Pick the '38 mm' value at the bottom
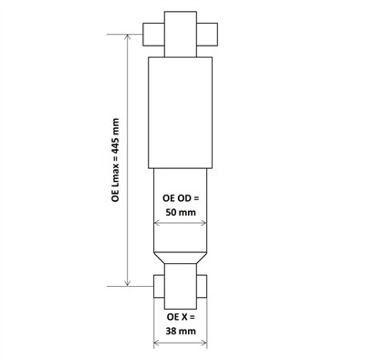point(181,333)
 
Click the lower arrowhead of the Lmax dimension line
point(128,283)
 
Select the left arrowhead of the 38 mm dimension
point(155,344)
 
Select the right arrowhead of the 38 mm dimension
point(206,344)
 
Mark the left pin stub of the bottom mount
point(155,289)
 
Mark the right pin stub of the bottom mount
point(206,289)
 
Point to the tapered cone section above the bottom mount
point(181,255)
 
